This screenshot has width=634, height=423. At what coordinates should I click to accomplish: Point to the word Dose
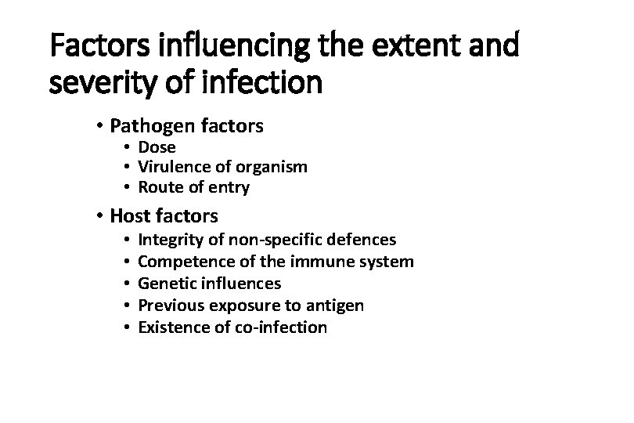[x=157, y=147]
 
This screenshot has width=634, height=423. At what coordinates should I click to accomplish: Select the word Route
[x=160, y=187]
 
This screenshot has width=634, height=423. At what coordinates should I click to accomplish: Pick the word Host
[x=131, y=215]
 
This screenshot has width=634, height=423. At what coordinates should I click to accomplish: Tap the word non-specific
[x=270, y=240]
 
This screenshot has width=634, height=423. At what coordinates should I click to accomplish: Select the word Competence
[x=180, y=262]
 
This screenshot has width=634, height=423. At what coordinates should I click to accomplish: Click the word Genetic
[x=165, y=284]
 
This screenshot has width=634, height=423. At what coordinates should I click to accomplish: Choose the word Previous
[x=169, y=305]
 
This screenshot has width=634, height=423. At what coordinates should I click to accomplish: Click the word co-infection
[x=281, y=327]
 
